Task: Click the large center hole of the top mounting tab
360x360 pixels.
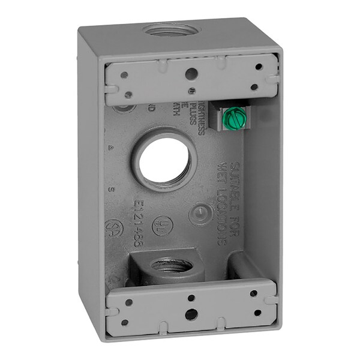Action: pyautogui.click(x=192, y=74)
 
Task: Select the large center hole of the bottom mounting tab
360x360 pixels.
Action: pyautogui.click(x=190, y=313)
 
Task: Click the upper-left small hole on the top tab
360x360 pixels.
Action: pyautogui.click(x=124, y=76)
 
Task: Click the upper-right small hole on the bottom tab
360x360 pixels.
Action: pyautogui.click(x=253, y=293)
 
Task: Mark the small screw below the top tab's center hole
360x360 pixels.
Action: pyautogui.click(x=191, y=91)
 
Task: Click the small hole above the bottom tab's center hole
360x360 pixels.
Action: pyautogui.click(x=190, y=298)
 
